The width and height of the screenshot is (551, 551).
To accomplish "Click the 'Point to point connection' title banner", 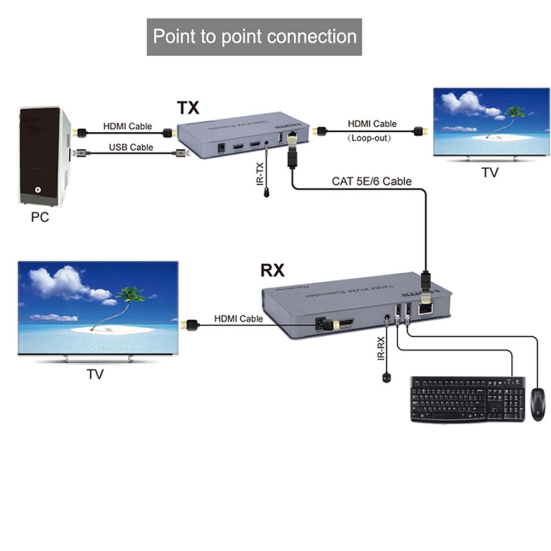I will [254, 37].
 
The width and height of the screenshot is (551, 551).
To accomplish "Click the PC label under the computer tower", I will [39, 217].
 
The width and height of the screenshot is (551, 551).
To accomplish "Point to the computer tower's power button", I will [37, 190].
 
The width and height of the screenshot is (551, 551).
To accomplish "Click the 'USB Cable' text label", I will [131, 147].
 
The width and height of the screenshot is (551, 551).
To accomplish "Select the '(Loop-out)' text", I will [369, 138].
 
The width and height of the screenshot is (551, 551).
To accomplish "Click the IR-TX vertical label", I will [260, 173].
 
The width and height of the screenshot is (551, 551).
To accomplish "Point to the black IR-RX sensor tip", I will [386, 377].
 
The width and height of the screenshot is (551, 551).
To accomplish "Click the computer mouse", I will [537, 404].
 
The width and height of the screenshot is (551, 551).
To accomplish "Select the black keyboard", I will [467, 399].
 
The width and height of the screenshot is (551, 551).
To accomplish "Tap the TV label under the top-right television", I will [489, 172].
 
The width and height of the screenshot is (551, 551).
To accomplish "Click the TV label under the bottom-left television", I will [95, 375].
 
